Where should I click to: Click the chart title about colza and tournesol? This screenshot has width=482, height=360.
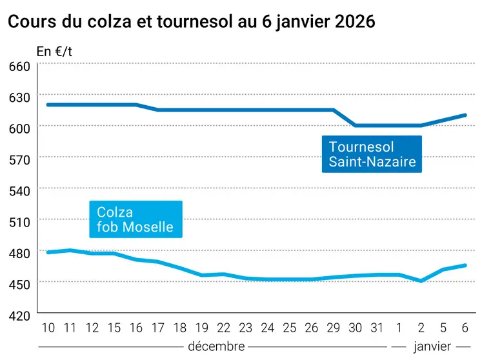(x=191, y=21)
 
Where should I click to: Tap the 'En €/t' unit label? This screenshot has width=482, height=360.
(x=55, y=52)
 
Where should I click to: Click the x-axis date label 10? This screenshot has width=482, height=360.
(x=48, y=327)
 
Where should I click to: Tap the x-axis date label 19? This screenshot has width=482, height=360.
(x=203, y=327)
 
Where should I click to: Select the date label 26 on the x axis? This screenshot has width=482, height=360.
(x=312, y=327)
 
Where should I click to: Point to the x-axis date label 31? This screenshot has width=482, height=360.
(x=377, y=327)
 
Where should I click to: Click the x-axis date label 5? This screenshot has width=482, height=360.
(x=443, y=327)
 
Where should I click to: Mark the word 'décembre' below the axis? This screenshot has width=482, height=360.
(x=216, y=346)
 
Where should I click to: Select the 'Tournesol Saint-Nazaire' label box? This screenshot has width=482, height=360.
(x=372, y=154)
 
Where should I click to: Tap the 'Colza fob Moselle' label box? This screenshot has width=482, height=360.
(x=136, y=219)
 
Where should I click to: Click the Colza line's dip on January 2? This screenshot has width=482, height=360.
(x=421, y=281)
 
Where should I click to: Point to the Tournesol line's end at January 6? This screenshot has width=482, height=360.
(x=465, y=115)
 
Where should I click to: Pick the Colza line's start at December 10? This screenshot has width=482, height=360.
(x=48, y=252)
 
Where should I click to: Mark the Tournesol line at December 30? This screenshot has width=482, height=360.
(x=356, y=126)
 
